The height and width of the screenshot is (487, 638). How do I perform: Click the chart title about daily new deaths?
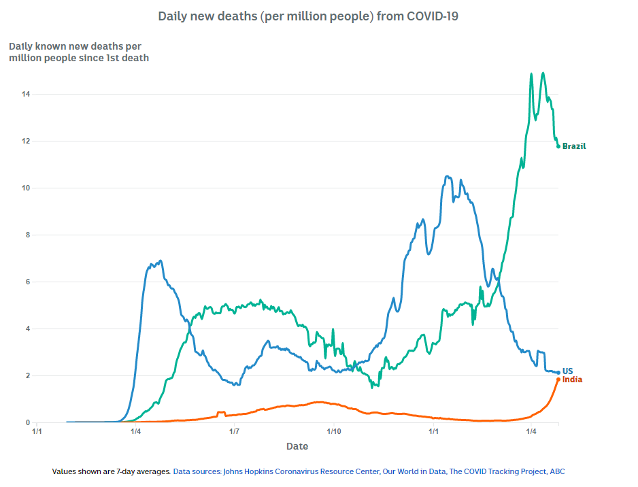click(307, 16)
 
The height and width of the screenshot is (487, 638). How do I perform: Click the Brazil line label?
click(574, 146)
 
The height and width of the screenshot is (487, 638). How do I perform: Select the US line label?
click(568, 371)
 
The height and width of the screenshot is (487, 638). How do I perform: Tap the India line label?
click(572, 380)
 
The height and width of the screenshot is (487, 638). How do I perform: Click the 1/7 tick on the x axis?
click(235, 431)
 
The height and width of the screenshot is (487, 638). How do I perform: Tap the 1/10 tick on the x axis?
click(334, 431)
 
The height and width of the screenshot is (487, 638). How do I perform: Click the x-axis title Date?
click(297, 447)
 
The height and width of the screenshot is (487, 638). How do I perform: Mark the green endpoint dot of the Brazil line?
click(558, 146)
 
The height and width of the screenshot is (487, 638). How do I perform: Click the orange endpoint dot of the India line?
click(558, 380)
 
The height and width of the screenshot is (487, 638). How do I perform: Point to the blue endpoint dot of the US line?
click(558, 373)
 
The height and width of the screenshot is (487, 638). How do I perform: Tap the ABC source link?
click(557, 471)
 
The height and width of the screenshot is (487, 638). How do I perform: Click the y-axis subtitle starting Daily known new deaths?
click(78, 52)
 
